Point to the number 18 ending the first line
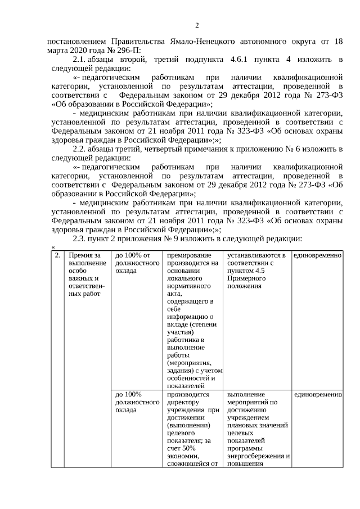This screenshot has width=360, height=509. (x=337, y=41)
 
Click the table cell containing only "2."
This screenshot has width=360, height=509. (x=57, y=255)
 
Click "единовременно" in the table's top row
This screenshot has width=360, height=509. (x=318, y=255)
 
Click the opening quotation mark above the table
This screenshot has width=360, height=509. (x=53, y=247)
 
